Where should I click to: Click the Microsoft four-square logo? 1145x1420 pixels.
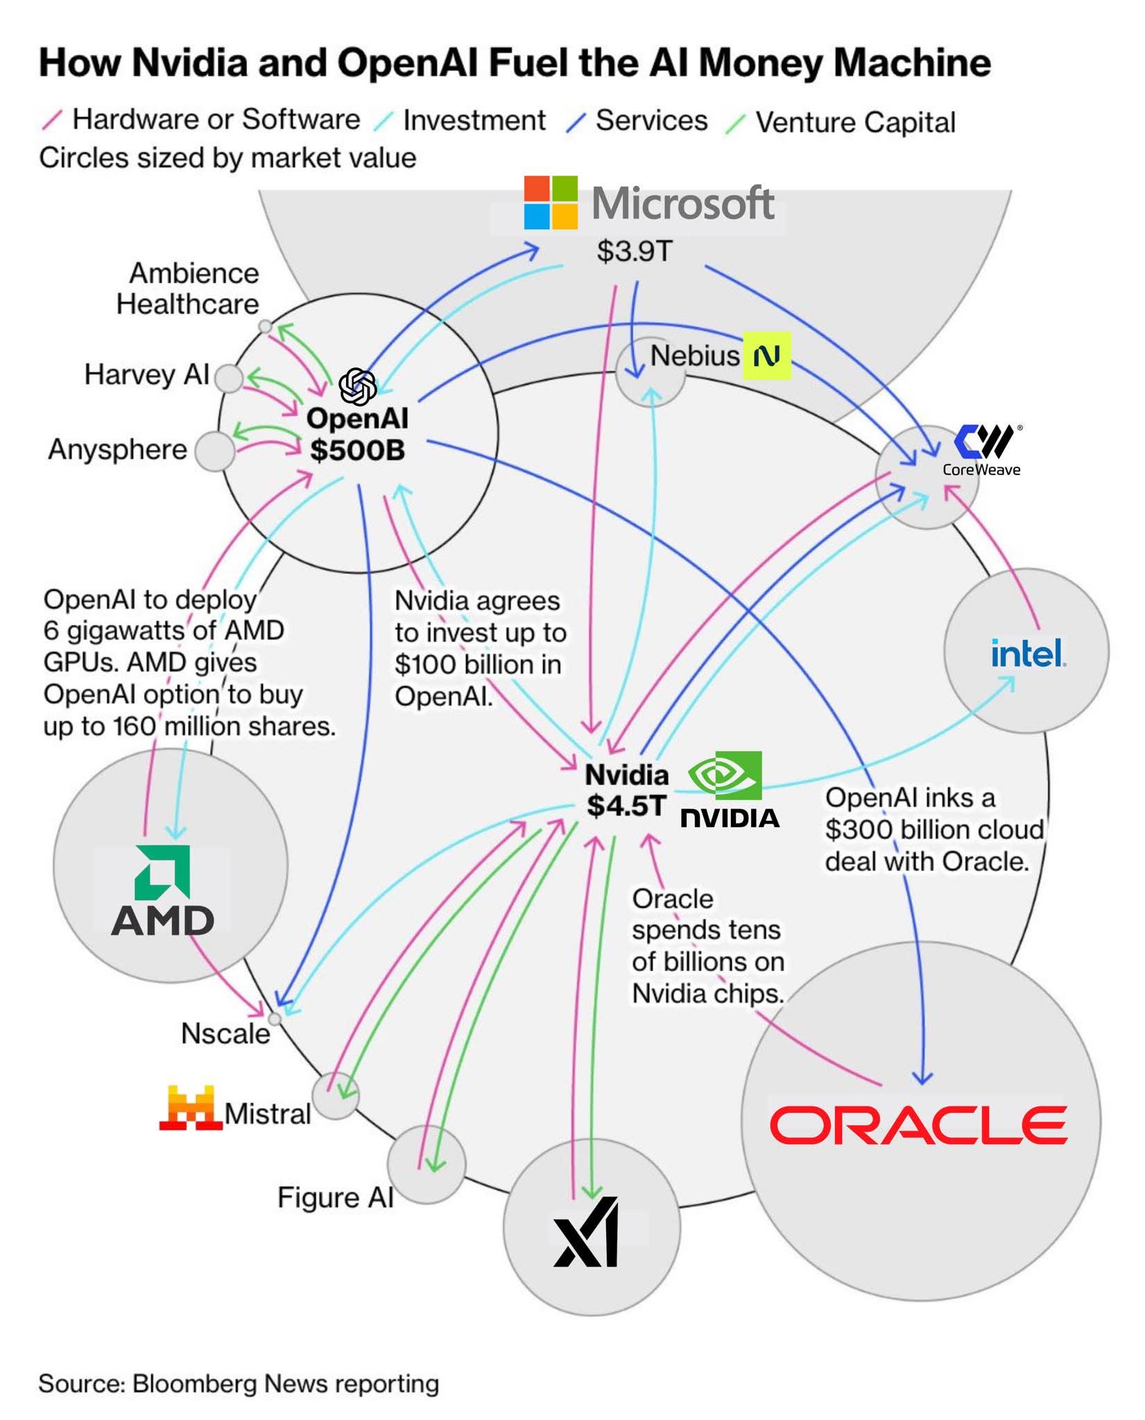(x=551, y=202)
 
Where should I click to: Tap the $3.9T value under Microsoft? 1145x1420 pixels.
(x=634, y=251)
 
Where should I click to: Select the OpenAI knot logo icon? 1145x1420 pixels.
(x=357, y=386)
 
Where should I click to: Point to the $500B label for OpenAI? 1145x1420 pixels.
(x=357, y=451)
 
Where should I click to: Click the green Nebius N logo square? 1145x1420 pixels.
(x=766, y=356)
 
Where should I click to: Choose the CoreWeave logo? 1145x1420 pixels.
(x=983, y=449)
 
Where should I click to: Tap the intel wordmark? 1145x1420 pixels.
(x=1028, y=653)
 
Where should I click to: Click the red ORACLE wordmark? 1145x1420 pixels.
(x=918, y=1125)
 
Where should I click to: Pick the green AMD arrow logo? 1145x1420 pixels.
(x=163, y=872)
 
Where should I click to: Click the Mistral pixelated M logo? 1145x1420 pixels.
(x=190, y=1108)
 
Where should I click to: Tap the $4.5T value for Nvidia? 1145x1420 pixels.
(x=626, y=806)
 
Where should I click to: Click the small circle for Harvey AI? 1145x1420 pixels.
(x=229, y=379)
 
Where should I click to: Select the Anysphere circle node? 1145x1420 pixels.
(x=214, y=451)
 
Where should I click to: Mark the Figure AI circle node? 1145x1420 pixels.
(x=425, y=1165)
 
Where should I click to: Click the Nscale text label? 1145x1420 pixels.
(x=225, y=1034)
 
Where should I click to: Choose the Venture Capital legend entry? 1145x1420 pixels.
(x=854, y=122)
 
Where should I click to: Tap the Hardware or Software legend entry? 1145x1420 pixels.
(x=216, y=120)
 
